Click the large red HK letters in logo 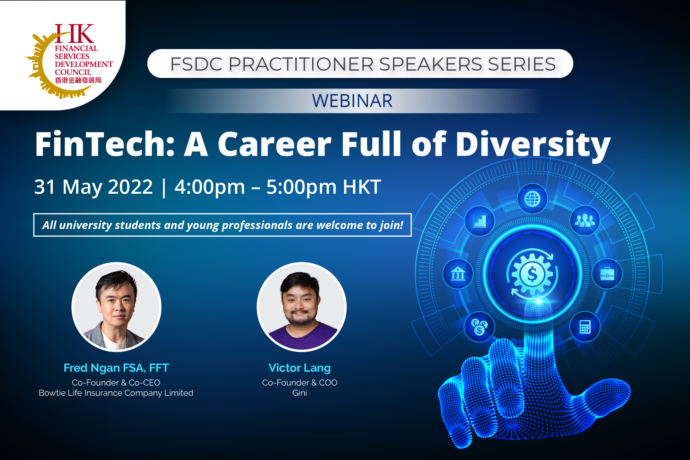pos(74,34)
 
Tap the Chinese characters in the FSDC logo pos(78,80)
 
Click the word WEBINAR pos(352,101)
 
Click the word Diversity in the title pos(532,145)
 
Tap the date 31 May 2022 pos(93,187)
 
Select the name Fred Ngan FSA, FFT pos(116,368)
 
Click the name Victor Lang pos(299,368)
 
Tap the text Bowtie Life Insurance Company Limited pos(116,393)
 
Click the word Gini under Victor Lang pos(299,393)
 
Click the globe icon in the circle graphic pos(532,199)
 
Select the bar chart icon pos(480,221)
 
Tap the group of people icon pos(585,220)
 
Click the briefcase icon pos(607,274)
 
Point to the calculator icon pos(585,327)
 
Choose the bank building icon pos(458,274)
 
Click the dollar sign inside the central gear pos(532,274)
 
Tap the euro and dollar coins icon pos(479,327)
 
